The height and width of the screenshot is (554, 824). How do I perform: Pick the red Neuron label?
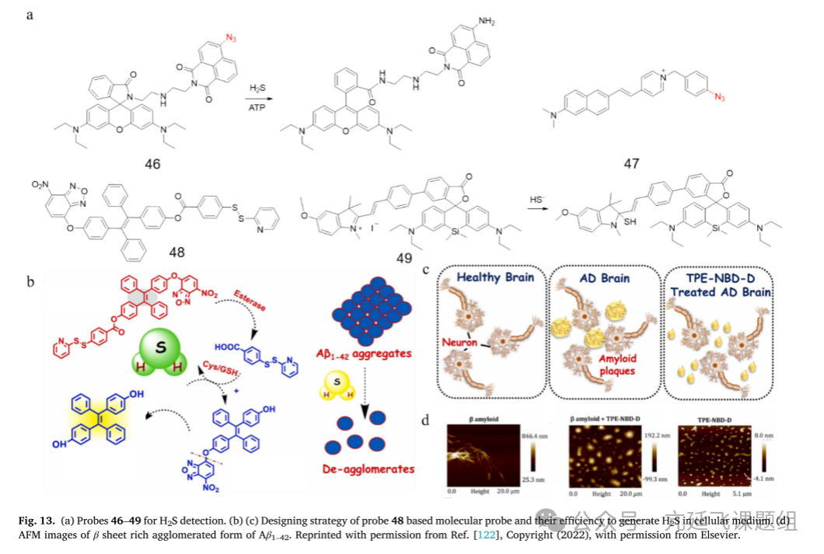pyautogui.click(x=460, y=342)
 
